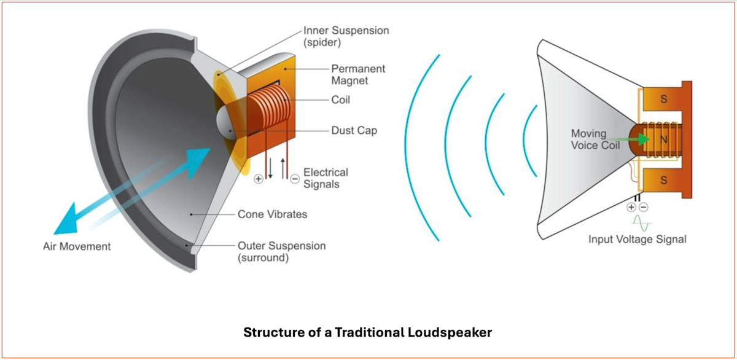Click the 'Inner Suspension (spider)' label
346,36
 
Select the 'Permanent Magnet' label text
358,74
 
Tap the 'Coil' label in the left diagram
340,100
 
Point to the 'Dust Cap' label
354,130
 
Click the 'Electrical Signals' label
326,178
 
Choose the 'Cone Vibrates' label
272,214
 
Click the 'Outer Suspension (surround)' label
282,252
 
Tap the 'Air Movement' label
77,246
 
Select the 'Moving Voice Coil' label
595,139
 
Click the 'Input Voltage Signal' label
638,239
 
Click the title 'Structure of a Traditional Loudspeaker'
367,332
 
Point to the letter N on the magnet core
664,140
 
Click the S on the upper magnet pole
664,99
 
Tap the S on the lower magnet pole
664,181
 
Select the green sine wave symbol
642,224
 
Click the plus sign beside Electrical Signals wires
259,179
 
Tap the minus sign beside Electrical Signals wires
295,179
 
